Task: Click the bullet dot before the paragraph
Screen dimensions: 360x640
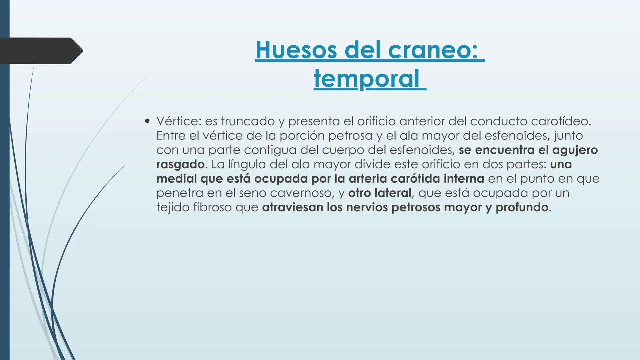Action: (x=147, y=121)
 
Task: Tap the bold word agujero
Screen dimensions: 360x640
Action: (x=575, y=150)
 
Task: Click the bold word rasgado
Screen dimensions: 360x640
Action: (x=180, y=164)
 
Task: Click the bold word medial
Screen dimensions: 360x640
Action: (x=176, y=179)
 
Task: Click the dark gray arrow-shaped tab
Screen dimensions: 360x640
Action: (x=40, y=51)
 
